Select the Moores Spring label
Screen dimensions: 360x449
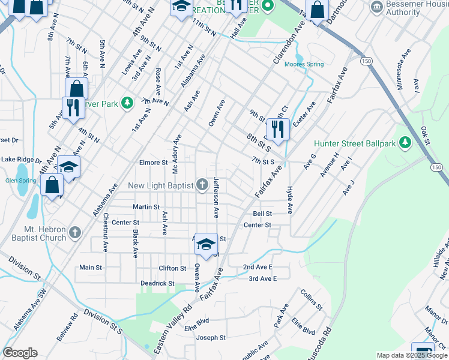coord(304,64)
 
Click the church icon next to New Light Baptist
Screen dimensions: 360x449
coord(202,184)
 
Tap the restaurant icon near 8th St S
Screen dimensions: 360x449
coord(278,128)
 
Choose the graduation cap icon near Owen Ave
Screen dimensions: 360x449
coord(206,244)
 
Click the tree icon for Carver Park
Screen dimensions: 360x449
coord(127,103)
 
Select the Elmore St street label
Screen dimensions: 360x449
coord(153,163)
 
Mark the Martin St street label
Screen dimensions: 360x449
coord(146,207)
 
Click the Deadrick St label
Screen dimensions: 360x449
coord(157,283)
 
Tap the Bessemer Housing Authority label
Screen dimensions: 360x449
coord(412,8)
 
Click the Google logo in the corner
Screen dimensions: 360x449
coord(20,353)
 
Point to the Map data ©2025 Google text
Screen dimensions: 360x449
coord(411,355)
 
